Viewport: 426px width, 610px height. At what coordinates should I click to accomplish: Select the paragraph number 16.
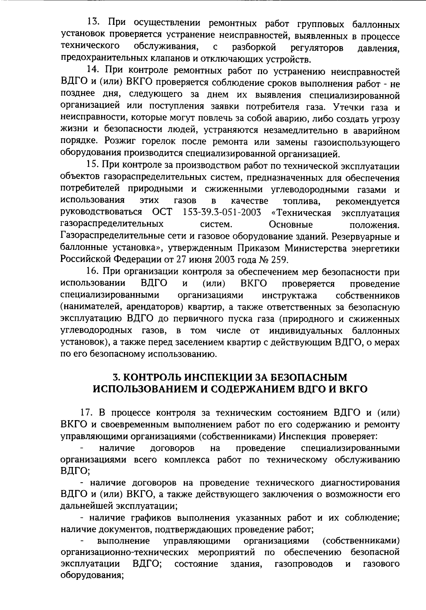click(93, 272)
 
